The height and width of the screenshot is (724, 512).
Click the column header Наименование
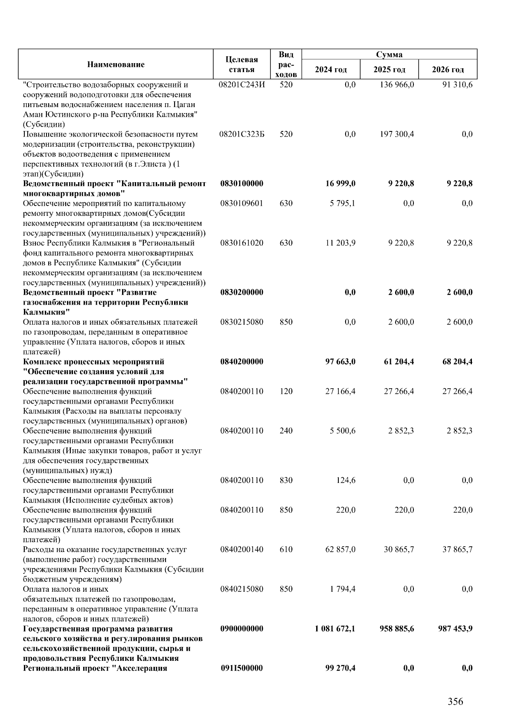click(116, 64)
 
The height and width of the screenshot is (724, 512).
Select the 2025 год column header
click(389, 70)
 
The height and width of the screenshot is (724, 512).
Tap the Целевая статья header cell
click(241, 64)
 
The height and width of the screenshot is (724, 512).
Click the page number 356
click(455, 701)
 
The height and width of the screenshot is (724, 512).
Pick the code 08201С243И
click(241, 84)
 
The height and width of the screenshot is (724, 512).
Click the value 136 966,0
click(397, 84)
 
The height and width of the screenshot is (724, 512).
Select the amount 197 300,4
click(397, 134)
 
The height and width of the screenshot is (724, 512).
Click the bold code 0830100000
click(241, 183)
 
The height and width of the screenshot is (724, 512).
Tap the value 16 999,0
click(340, 183)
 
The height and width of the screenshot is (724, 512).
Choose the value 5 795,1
click(343, 203)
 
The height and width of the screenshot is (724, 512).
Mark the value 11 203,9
click(340, 243)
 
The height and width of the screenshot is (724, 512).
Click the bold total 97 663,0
click(340, 361)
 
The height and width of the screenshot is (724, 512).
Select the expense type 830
click(286, 480)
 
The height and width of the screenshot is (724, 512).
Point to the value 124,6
click(346, 480)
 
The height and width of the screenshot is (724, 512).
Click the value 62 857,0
click(340, 549)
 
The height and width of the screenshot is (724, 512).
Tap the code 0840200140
click(241, 549)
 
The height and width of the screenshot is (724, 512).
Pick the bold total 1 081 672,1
click(335, 628)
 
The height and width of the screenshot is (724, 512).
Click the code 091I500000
click(241, 668)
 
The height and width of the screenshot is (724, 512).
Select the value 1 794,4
click(343, 589)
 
